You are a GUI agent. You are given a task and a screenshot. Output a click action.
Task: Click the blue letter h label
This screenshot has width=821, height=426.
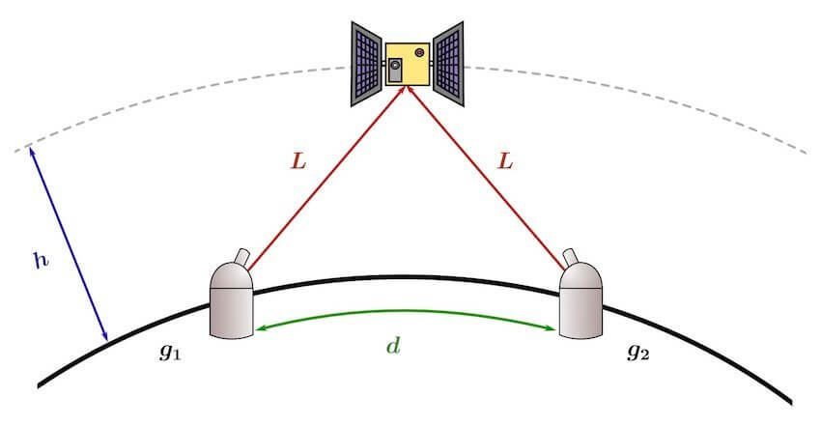(42, 260)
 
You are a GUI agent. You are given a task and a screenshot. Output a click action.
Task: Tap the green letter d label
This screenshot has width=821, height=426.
(393, 346)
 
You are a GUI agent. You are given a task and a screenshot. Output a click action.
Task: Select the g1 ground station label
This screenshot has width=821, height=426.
(170, 353)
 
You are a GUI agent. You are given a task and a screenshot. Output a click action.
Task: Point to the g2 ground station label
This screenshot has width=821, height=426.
(638, 353)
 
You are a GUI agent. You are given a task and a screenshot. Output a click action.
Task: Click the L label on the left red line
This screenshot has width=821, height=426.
(298, 161)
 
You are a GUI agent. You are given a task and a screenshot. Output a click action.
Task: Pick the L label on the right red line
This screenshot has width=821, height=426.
(505, 161)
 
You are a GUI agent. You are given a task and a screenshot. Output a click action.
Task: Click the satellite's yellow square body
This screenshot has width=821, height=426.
(408, 64)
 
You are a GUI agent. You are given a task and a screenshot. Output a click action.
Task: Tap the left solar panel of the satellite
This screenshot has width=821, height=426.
(366, 64)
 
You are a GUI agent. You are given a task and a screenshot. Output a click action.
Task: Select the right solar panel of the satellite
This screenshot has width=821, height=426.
(449, 64)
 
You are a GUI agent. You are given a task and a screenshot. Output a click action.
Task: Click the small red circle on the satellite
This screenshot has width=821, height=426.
(419, 52)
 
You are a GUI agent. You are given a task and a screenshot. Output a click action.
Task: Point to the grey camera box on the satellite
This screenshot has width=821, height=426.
(395, 70)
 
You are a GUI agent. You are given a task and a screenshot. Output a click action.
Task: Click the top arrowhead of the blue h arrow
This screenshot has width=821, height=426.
(32, 152)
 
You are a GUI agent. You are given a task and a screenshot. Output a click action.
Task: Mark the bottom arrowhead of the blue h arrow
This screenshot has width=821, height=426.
(105, 336)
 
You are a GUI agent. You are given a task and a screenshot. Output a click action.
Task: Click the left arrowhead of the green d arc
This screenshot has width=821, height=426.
(260, 328)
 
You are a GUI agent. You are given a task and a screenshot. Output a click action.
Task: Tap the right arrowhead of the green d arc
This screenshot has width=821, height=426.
(551, 328)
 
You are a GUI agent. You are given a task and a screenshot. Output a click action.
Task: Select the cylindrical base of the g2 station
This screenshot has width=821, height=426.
(581, 313)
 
